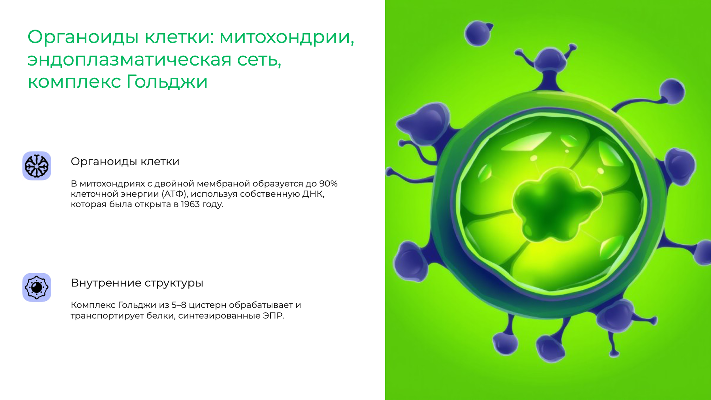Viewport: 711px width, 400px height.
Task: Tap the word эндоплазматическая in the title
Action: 129,60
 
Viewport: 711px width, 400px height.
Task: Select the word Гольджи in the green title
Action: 167,82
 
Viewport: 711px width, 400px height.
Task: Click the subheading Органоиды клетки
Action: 125,162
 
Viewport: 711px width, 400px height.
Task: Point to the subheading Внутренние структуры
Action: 137,283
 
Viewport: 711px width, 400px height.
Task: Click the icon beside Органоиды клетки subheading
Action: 37,166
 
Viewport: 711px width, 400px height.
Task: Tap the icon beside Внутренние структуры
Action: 37,287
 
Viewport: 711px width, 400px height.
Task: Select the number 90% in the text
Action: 328,184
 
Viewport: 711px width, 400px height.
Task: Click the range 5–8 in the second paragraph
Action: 179,305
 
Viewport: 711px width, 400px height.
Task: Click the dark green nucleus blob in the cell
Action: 555,207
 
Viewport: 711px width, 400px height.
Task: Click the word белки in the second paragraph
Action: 161,315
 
